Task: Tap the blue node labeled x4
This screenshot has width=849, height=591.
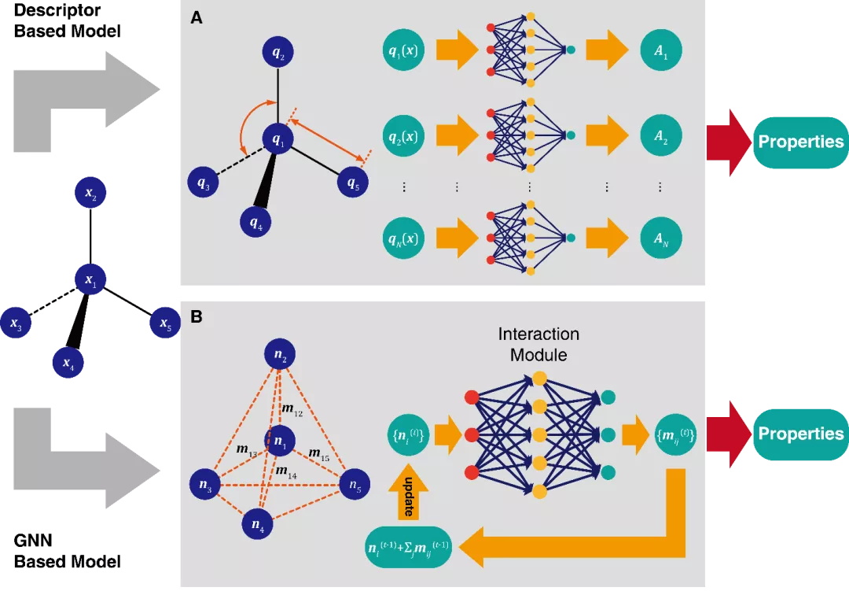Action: pos(65,362)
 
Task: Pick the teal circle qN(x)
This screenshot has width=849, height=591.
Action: pos(408,238)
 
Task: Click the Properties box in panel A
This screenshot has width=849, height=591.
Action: pos(799,142)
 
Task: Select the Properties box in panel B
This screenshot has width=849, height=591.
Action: pos(799,434)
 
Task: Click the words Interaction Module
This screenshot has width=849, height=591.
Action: pos(538,344)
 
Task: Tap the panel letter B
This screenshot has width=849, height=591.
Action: pos(197,317)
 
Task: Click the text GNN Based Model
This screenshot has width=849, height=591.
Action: pos(67,551)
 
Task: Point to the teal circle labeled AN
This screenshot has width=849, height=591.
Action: pos(660,238)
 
